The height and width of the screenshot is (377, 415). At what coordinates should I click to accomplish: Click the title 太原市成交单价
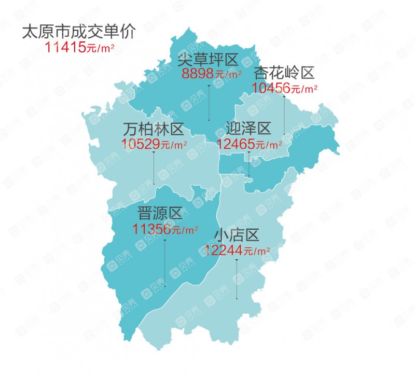click(79, 32)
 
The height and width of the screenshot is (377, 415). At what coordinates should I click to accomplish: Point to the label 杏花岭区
click(284, 74)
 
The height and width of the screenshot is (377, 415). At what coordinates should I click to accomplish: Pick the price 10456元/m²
click(285, 88)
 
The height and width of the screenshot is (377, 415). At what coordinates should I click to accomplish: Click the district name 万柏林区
click(154, 128)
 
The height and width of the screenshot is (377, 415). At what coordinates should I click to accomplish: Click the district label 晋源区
click(159, 213)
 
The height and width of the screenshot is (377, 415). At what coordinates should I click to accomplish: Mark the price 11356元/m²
click(165, 229)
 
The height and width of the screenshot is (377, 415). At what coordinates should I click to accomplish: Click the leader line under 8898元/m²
click(209, 101)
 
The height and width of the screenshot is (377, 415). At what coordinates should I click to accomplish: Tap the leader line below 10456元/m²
click(284, 114)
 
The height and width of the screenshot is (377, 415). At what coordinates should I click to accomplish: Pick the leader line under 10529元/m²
click(154, 169)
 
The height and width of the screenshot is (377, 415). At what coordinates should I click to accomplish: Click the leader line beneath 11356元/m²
click(165, 262)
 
